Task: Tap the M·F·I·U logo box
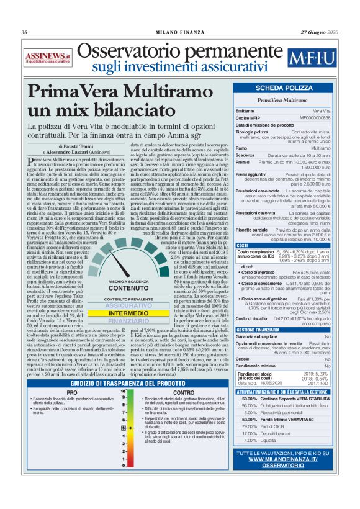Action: (314, 60)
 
